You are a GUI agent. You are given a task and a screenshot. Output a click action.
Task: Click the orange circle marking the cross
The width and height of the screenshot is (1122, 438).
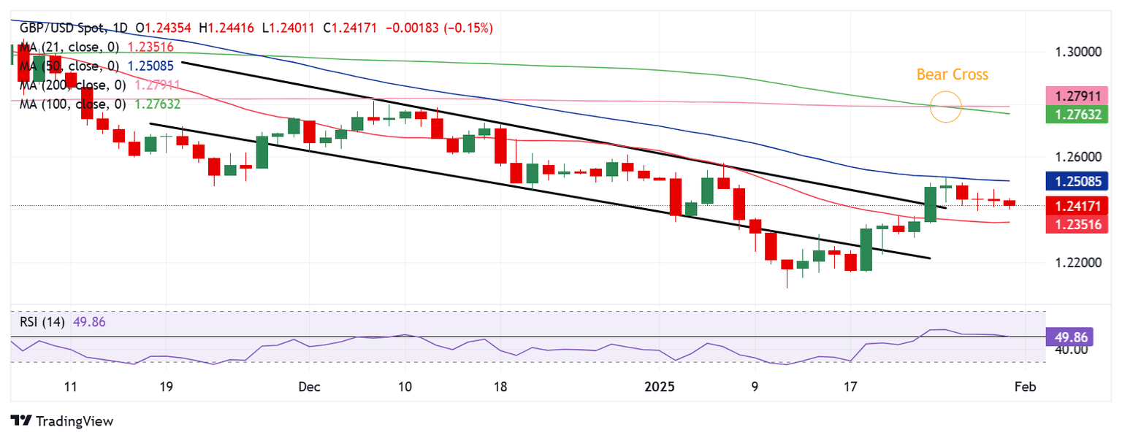[x=947, y=107]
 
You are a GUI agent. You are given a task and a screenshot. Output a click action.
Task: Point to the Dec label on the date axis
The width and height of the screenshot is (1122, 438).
[x=308, y=386]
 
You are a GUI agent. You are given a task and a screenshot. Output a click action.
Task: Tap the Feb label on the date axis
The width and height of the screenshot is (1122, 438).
[x=1026, y=386]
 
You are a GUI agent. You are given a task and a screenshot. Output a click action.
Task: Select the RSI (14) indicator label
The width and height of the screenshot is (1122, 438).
[x=42, y=322]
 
